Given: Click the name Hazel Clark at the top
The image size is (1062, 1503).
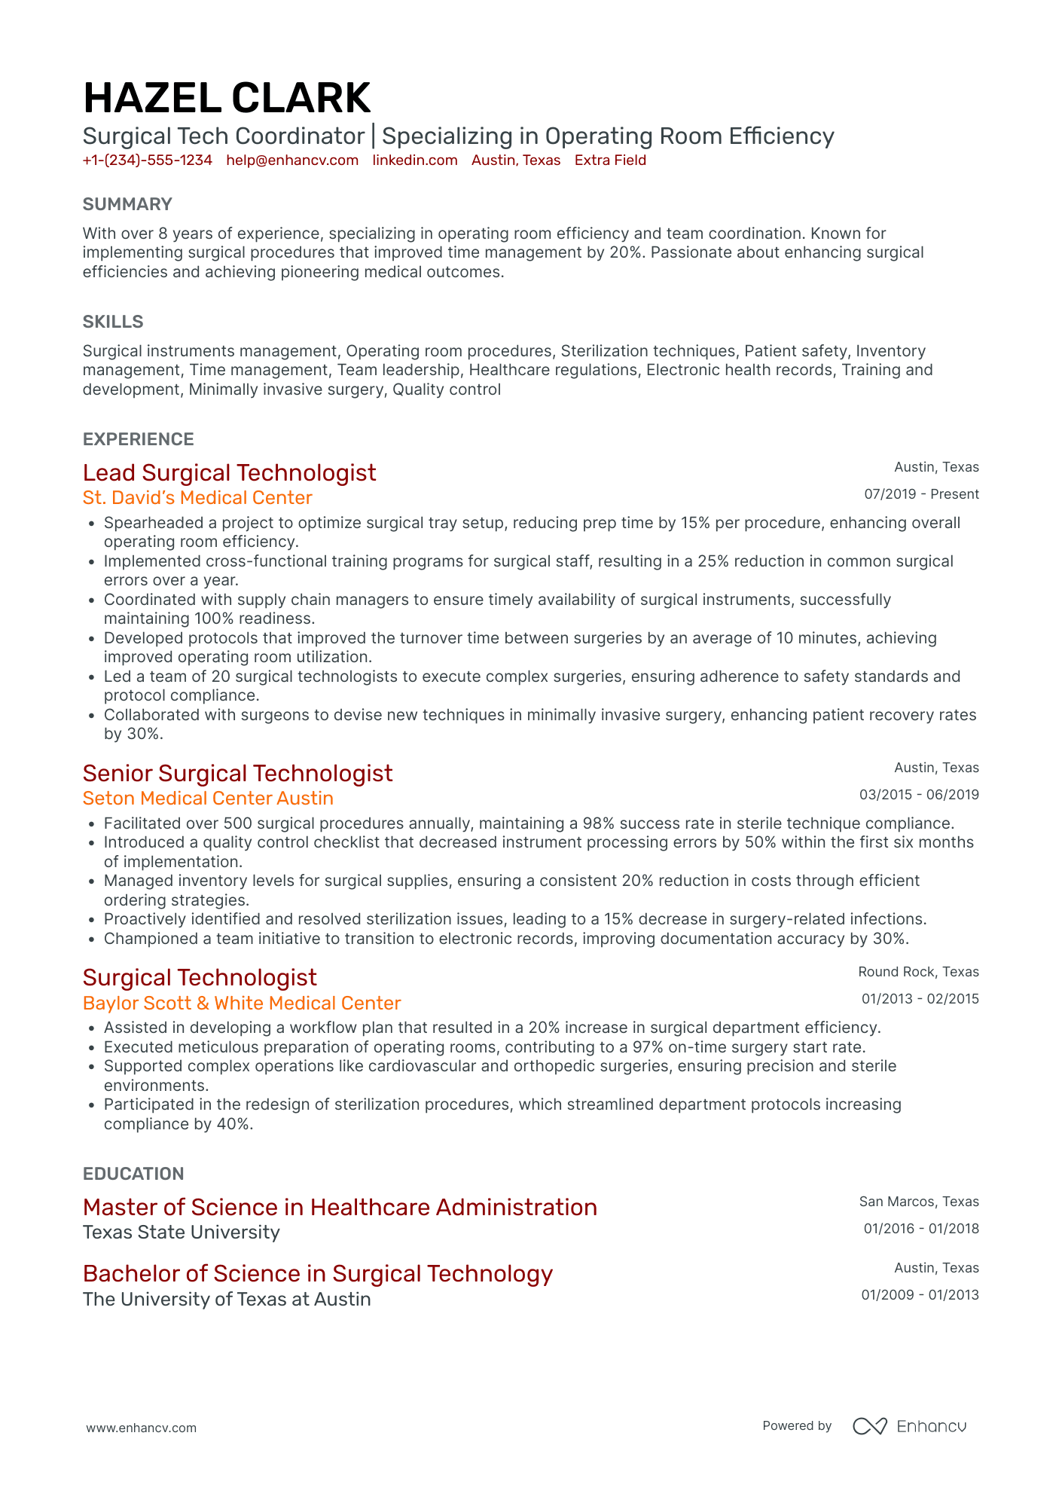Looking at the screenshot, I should click(227, 99).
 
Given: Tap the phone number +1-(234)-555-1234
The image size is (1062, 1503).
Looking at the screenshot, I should click(147, 160).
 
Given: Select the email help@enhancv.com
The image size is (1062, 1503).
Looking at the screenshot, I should click(292, 160).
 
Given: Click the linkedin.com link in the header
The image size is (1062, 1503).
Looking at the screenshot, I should click(415, 160).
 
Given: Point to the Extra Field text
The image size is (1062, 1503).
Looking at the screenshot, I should click(610, 160).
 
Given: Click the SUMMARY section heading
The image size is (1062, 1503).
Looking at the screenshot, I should click(127, 204).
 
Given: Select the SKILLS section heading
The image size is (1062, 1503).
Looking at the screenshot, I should click(113, 322).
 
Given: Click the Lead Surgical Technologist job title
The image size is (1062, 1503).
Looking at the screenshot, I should click(229, 473).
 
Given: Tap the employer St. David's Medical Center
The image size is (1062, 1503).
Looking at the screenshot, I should click(197, 498).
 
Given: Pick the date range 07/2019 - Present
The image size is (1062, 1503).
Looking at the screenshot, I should click(921, 494).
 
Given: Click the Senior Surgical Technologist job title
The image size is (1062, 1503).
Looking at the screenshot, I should click(237, 774).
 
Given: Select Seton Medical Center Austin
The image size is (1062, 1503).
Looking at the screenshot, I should click(208, 799).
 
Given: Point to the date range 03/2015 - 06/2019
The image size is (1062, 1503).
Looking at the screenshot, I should click(919, 795).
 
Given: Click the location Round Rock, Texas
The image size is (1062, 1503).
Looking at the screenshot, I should click(918, 972).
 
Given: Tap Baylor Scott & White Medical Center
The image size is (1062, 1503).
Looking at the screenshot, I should click(242, 1004).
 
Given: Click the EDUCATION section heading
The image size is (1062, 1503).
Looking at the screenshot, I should click(133, 1174).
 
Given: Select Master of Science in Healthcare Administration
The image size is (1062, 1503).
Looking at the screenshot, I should click(340, 1208).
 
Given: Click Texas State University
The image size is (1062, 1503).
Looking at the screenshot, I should click(181, 1233).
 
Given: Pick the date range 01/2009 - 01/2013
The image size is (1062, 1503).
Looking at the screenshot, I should click(920, 1295).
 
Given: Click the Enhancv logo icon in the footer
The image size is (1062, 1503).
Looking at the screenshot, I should click(870, 1426).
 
